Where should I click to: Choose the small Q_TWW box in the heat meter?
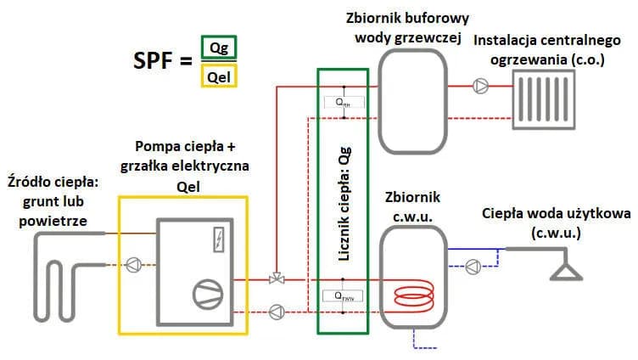coord(344,297)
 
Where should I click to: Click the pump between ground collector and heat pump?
coord(132,264)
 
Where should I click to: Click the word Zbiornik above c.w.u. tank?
coord(411,197)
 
